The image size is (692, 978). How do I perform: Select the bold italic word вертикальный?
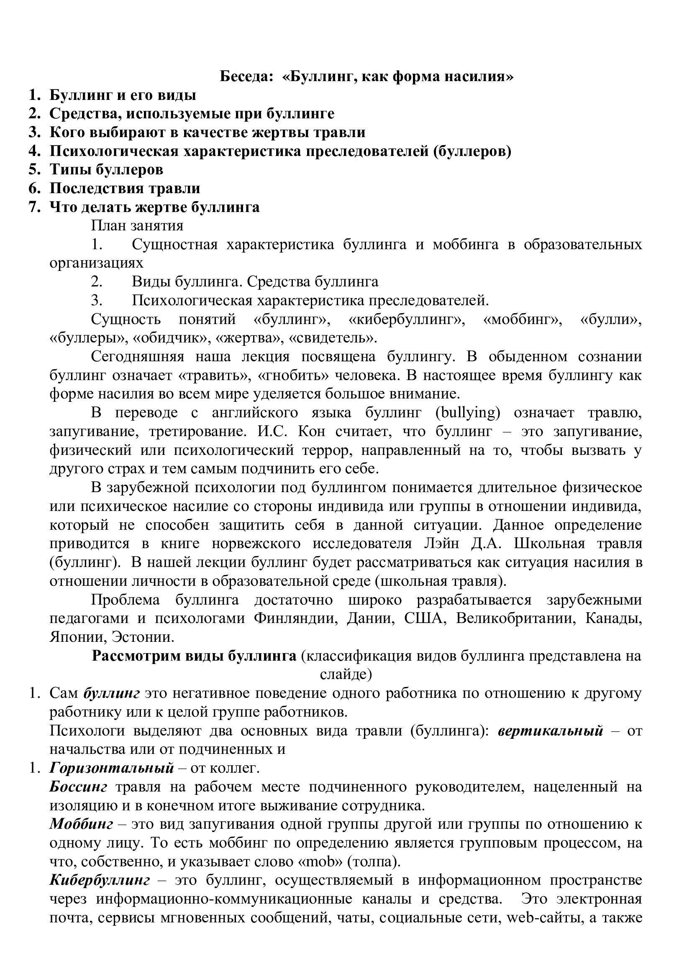point(550,731)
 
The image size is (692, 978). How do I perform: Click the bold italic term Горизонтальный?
point(112,769)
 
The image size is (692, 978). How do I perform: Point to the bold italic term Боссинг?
point(78,787)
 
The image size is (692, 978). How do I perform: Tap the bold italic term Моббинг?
point(82,825)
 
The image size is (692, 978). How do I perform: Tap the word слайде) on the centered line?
point(346,675)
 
